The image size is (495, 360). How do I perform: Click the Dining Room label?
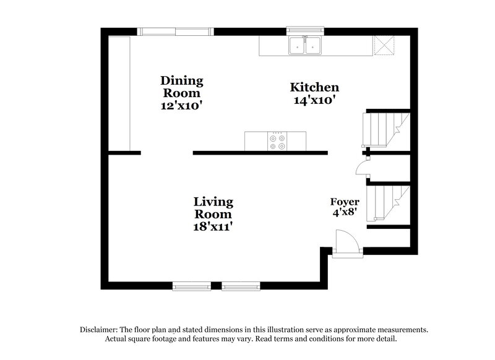click(x=182, y=87)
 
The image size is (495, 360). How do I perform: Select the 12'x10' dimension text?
click(x=182, y=106)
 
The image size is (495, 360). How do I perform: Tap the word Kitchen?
click(x=315, y=87)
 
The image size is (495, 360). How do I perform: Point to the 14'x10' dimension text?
click(x=315, y=100)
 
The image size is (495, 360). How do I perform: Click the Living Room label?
click(x=213, y=208)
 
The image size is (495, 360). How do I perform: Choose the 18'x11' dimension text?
click(x=213, y=227)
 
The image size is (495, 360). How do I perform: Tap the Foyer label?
click(x=345, y=202)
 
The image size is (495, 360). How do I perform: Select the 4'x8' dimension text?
click(x=345, y=214)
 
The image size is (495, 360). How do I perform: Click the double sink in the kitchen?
click(x=306, y=45)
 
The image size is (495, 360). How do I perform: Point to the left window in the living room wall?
click(x=191, y=286)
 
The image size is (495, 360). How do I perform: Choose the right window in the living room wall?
click(x=241, y=286)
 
